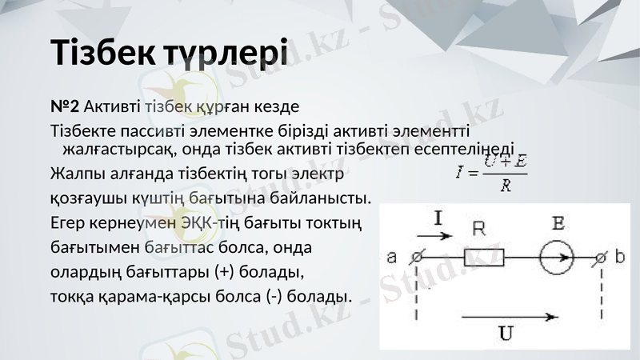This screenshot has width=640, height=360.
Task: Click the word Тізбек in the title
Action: [x=102, y=51]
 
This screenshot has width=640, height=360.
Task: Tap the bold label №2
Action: [x=64, y=106]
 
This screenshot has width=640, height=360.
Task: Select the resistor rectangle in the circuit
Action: [x=484, y=258]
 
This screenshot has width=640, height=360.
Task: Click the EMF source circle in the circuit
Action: [x=556, y=258]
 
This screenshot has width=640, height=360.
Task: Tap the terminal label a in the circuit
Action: [x=392, y=258]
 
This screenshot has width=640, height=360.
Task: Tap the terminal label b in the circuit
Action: [x=622, y=258]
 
